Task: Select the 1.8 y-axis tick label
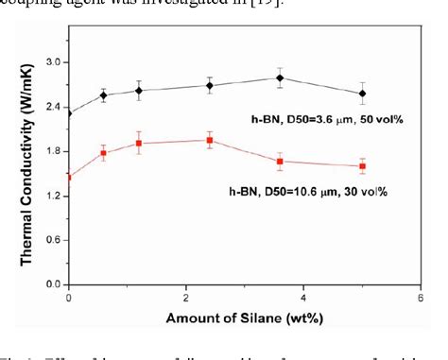54,151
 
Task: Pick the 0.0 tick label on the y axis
54,284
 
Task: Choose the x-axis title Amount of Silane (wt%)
244,319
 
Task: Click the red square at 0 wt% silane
69,177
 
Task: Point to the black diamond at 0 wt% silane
69,113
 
